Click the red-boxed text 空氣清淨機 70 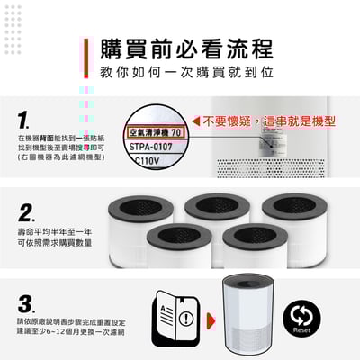156,131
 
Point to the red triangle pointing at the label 194,121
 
